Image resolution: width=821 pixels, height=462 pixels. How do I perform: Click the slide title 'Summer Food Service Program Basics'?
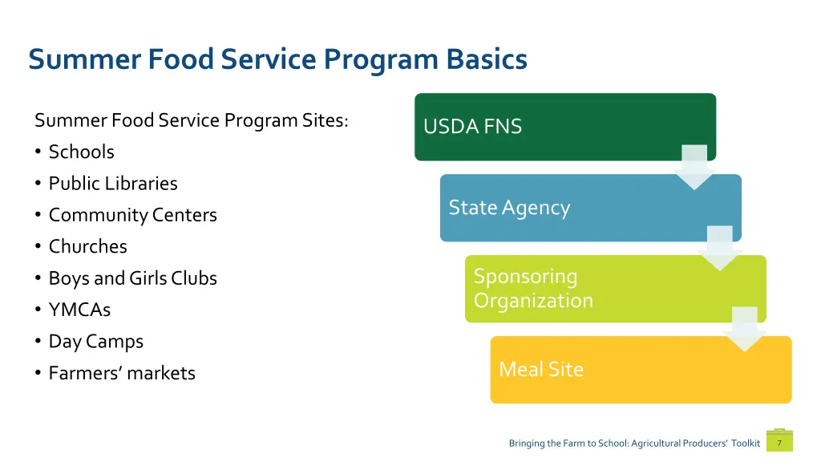(x=277, y=60)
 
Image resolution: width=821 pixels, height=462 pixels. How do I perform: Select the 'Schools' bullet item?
(x=81, y=152)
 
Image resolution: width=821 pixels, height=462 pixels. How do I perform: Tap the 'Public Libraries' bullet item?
(x=113, y=184)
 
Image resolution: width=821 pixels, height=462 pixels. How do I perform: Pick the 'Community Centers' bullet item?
(x=132, y=215)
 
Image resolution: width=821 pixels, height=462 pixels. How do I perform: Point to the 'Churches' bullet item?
(x=87, y=246)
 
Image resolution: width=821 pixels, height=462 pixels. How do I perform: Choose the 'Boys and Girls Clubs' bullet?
(x=132, y=278)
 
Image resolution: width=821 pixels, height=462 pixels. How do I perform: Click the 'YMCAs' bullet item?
(x=79, y=310)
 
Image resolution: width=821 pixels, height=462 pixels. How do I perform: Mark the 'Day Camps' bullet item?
(x=95, y=341)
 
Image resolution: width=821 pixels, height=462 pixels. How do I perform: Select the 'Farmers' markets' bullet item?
(x=122, y=373)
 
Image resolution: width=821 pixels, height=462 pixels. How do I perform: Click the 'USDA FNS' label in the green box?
(x=472, y=127)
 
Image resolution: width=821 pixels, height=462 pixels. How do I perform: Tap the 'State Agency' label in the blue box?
(x=509, y=208)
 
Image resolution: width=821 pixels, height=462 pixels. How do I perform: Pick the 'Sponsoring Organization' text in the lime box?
(x=533, y=289)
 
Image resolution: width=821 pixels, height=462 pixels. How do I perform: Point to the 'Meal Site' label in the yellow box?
(x=541, y=369)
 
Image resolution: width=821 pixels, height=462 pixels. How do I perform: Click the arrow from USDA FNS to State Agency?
(x=694, y=167)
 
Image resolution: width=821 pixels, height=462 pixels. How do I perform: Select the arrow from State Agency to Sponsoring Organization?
(x=720, y=248)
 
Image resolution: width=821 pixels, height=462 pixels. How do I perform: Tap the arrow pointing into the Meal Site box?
(x=745, y=329)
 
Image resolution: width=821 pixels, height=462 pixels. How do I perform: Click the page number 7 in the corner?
(x=779, y=443)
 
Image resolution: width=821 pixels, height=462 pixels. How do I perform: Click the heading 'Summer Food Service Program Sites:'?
(x=192, y=120)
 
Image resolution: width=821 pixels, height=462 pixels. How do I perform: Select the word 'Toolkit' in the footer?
(x=745, y=444)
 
